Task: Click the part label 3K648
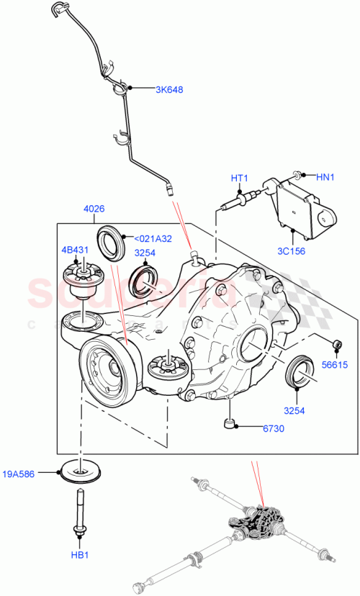point(169,90)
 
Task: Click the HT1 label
point(239,178)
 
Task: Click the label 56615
point(335,366)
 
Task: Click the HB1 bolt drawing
point(78,512)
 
